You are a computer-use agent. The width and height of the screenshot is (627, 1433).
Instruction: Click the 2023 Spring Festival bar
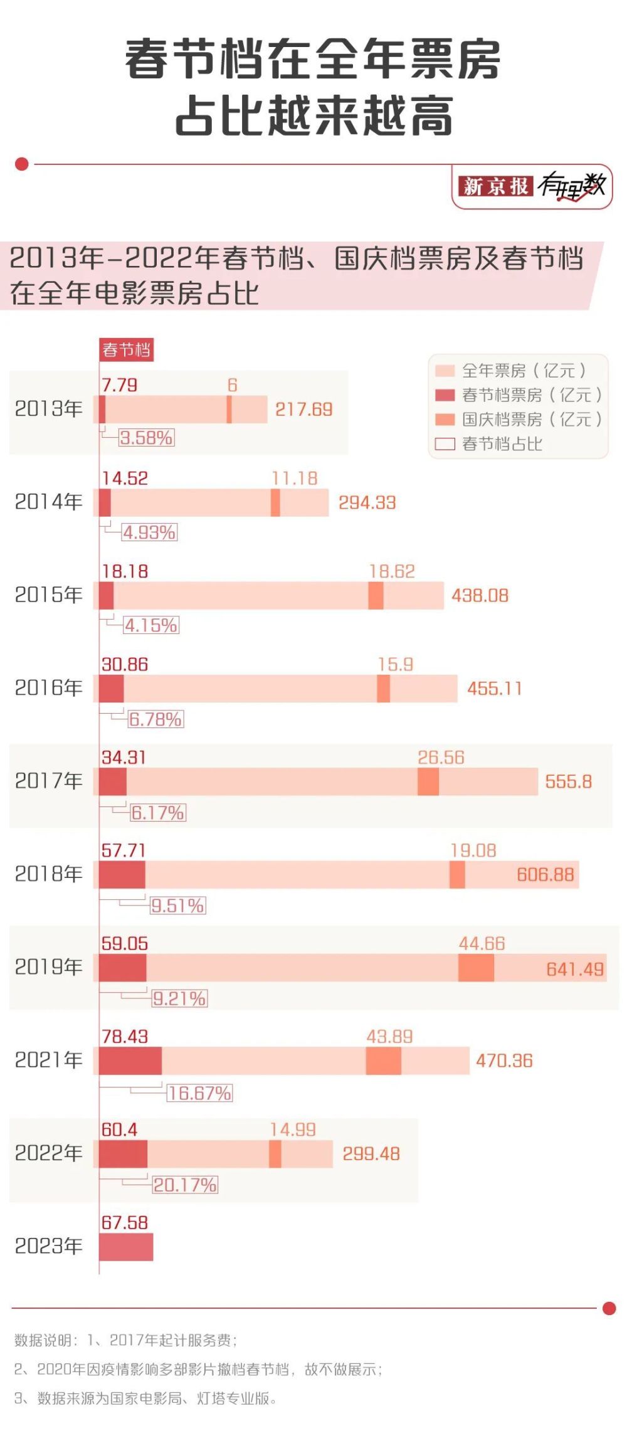pos(126,1246)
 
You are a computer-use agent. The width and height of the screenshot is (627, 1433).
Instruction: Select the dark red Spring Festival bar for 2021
pos(130,1060)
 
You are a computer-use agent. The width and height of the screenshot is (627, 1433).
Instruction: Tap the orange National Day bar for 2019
pos(476,968)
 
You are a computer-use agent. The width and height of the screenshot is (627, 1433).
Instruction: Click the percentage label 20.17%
pos(185,1185)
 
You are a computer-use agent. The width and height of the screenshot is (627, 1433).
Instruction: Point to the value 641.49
pos(575,969)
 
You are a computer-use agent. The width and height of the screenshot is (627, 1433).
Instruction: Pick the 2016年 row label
pos(49,688)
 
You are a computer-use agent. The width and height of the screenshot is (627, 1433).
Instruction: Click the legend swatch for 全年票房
pos(445,371)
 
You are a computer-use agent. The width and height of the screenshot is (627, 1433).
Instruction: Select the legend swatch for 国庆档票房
pos(445,419)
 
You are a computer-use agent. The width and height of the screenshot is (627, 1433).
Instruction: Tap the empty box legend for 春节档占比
pos(445,444)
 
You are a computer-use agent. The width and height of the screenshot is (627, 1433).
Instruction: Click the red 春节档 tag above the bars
pos(127,349)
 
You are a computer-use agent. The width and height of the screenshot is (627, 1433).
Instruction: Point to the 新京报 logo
pos(495,186)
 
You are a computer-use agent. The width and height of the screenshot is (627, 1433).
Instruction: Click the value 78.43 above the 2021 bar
pos(125,1037)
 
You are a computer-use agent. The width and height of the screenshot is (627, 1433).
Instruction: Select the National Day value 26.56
pos(441,758)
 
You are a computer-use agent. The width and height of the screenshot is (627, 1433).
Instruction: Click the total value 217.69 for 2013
pos(304,410)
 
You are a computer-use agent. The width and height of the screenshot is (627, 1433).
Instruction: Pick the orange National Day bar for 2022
pos(275,1154)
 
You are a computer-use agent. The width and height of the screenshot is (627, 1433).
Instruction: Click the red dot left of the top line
pos(22,164)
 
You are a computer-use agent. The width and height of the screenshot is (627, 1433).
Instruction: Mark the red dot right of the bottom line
pos(608,1308)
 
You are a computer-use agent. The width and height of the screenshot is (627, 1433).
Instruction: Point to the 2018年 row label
pos(49,874)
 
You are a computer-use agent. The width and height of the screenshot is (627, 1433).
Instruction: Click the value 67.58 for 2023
pos(125,1222)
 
